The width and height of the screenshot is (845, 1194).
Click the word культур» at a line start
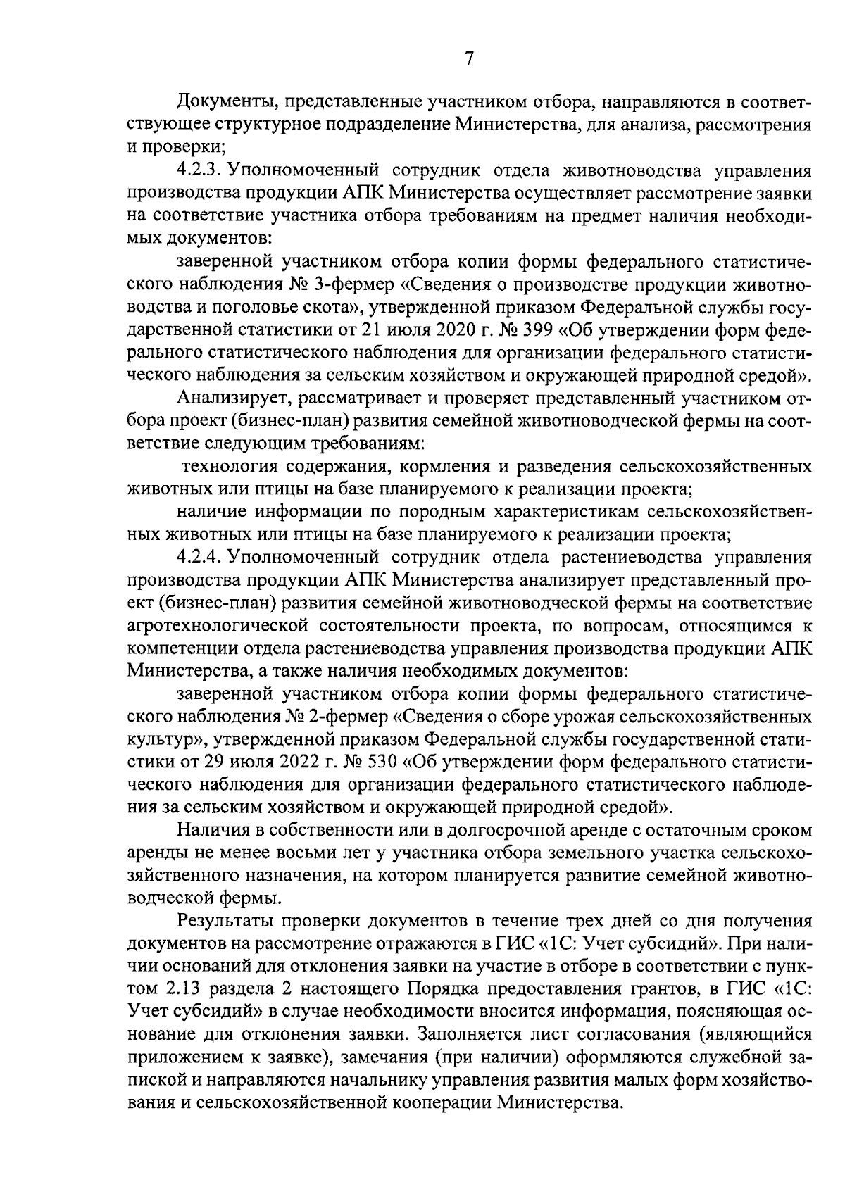(165, 739)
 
